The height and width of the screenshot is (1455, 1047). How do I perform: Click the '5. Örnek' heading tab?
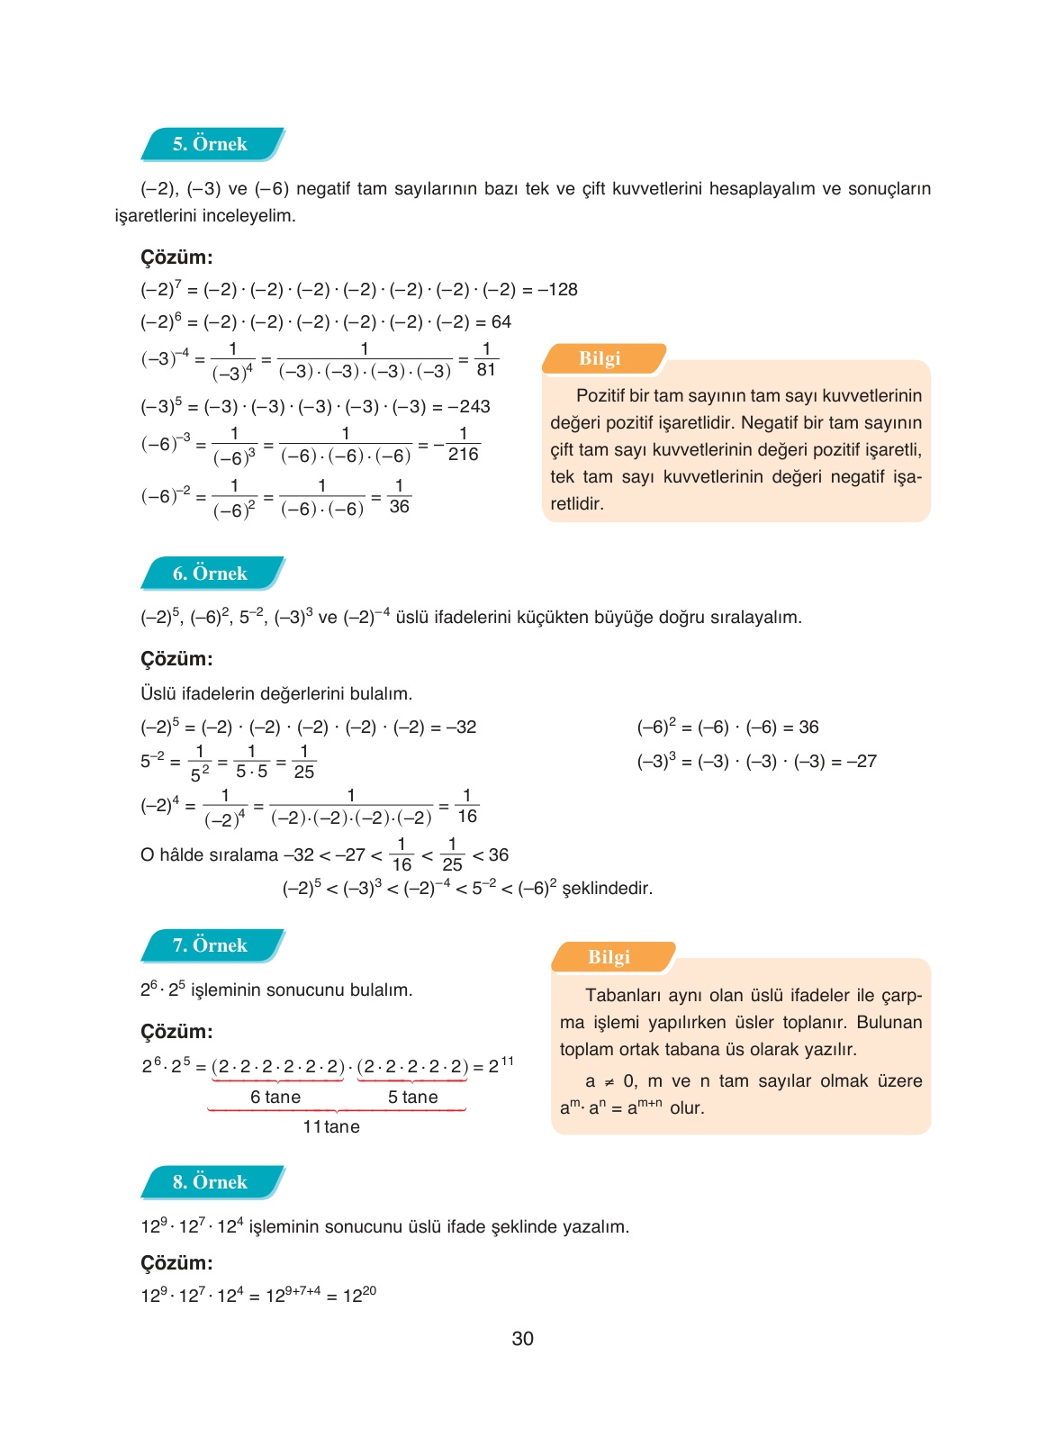click(211, 144)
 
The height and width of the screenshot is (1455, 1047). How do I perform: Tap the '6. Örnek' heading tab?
click(211, 574)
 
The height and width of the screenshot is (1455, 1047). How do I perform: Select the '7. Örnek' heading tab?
click(211, 945)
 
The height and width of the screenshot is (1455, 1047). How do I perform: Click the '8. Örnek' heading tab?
click(211, 1182)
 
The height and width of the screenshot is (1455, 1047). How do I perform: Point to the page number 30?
click(522, 1339)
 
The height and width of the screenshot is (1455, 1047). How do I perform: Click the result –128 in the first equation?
click(558, 290)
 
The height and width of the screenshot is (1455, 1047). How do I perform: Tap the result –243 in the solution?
click(469, 407)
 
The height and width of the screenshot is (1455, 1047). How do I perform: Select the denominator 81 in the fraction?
click(486, 370)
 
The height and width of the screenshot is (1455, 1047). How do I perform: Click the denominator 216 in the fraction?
click(464, 455)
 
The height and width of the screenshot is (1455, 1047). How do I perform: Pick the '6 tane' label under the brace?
click(275, 1098)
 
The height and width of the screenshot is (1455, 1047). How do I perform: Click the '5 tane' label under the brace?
click(412, 1098)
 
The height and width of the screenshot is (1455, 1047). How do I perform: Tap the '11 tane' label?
click(331, 1127)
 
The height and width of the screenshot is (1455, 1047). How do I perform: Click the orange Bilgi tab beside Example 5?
click(600, 358)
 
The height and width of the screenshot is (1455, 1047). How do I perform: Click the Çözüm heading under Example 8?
click(176, 1263)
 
